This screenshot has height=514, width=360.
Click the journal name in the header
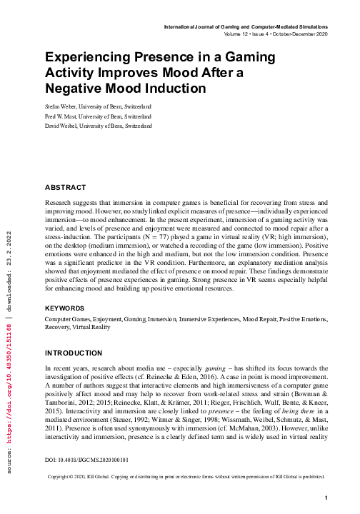246,26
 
